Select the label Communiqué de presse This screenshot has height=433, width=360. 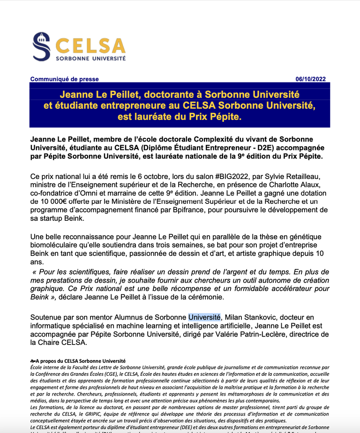tap(64, 79)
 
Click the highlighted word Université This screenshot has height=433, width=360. tap(204, 318)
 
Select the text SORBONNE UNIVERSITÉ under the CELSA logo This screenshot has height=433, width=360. tap(91, 59)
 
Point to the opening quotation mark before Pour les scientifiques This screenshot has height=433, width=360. tap(35, 272)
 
